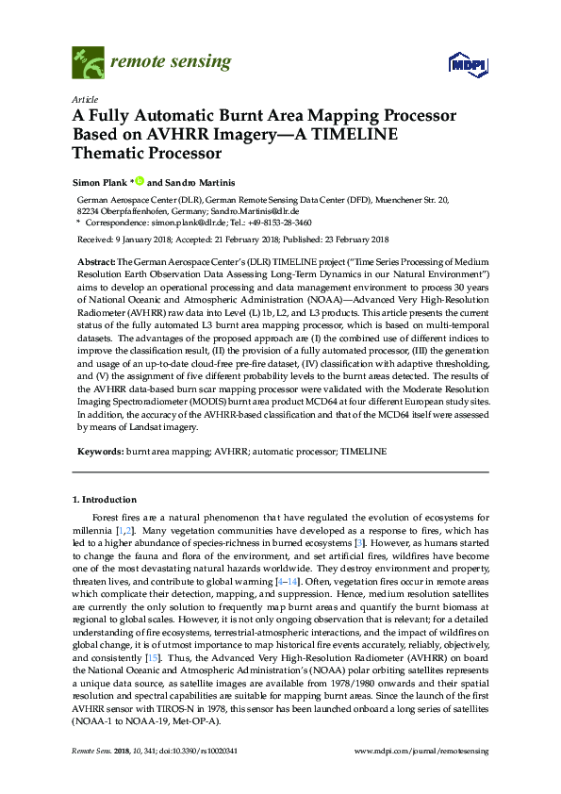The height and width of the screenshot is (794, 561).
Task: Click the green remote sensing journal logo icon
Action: click(x=87, y=63)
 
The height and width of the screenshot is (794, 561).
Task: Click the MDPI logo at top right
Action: click(x=467, y=64)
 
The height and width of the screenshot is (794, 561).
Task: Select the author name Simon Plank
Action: click(x=100, y=180)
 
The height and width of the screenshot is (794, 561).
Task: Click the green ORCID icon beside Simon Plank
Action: click(x=139, y=180)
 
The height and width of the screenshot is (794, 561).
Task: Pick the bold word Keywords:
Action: click(x=99, y=453)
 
